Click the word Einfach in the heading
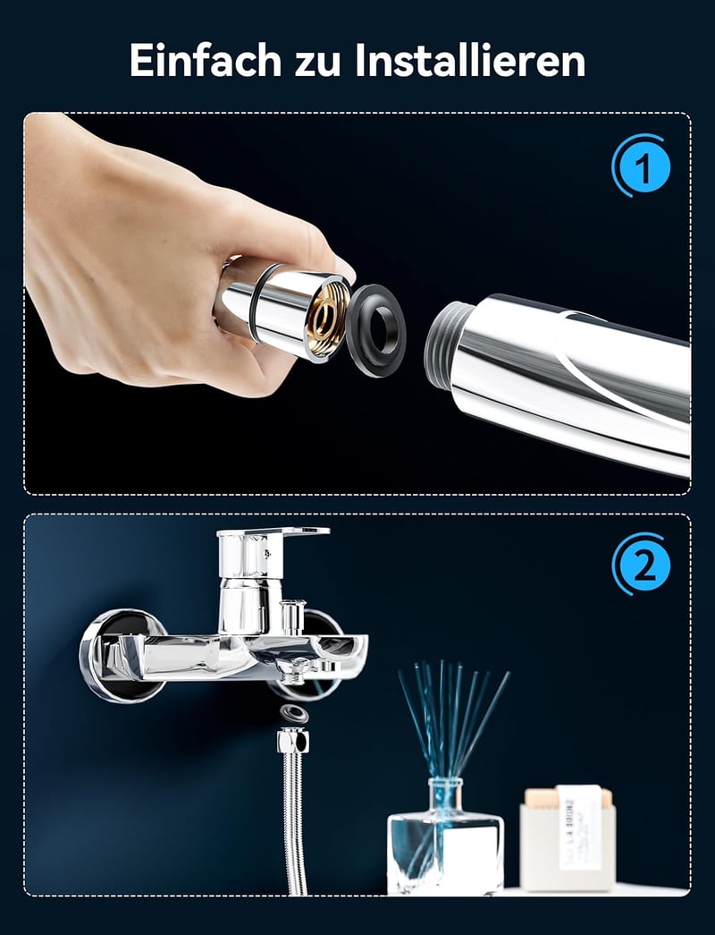click(205, 60)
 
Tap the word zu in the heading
click(317, 64)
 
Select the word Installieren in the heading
click(470, 60)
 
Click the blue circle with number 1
click(642, 166)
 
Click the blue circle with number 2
click(642, 565)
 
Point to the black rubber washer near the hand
click(376, 329)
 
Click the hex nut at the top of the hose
click(292, 741)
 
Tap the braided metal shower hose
click(294, 823)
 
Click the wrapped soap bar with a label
click(567, 837)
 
